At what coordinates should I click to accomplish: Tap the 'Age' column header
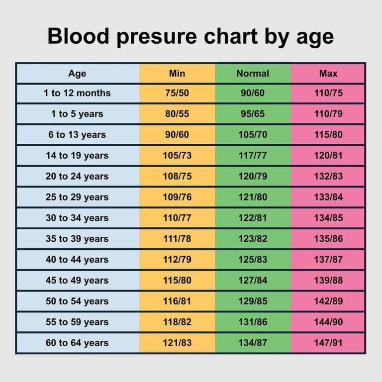point(77,74)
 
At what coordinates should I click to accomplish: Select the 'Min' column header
point(177,74)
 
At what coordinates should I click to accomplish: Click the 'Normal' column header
point(252,74)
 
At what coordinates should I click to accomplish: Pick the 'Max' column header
point(328,74)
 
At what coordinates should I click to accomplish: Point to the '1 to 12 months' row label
point(77,93)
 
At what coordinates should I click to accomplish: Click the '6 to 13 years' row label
point(77,135)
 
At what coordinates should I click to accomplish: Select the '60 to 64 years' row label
point(77,343)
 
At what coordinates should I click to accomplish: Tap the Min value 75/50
point(177,93)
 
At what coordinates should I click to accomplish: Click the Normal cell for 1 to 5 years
point(252,114)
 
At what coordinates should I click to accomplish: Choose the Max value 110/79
point(328,114)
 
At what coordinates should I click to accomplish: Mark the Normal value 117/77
point(252,156)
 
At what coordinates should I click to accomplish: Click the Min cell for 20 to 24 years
point(177,177)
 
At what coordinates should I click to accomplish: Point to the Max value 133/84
point(328,197)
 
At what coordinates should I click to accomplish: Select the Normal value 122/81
point(252,218)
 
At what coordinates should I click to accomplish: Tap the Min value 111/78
point(177,239)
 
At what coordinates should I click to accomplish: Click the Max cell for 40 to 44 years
point(328,260)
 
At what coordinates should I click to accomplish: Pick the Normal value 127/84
point(252,281)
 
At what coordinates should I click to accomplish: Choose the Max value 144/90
point(328,322)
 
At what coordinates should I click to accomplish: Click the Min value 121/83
point(177,343)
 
